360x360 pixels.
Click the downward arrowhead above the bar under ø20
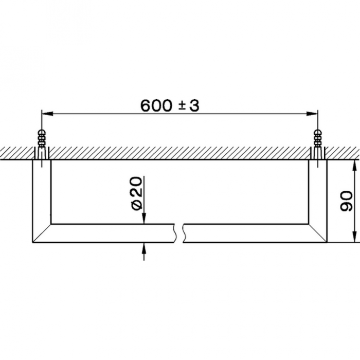(x=145, y=219)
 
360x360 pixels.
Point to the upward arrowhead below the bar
(x=145, y=247)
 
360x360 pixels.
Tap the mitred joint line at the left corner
(x=42, y=233)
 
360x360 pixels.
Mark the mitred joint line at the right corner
(x=318, y=233)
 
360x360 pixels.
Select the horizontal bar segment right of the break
(x=247, y=233)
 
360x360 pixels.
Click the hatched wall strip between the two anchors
(x=180, y=153)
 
